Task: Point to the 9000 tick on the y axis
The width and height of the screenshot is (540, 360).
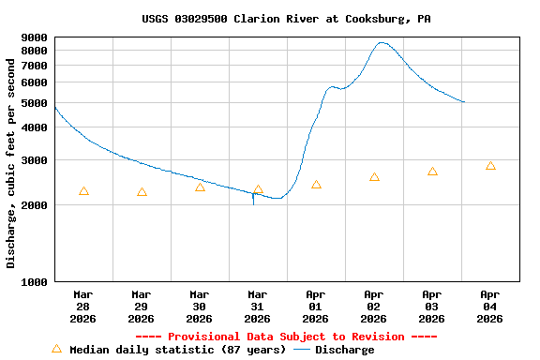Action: tap(34, 37)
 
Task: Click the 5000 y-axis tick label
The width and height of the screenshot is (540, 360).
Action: tap(34, 103)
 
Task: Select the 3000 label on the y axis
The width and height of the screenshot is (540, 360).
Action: tap(34, 160)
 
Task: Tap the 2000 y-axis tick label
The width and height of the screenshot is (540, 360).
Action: tap(34, 205)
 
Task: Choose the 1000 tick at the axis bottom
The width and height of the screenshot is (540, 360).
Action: tap(34, 281)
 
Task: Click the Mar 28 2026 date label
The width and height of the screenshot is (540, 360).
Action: tap(83, 306)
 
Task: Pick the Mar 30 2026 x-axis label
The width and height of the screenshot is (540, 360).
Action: tap(200, 306)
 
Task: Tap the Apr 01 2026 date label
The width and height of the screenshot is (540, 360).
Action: tap(316, 306)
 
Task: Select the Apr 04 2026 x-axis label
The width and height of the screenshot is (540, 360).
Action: tap(490, 306)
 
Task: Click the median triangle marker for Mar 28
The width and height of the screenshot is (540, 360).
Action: tap(83, 191)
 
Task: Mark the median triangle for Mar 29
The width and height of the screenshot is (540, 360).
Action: tap(142, 192)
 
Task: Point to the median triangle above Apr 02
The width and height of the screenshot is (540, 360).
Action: tap(374, 177)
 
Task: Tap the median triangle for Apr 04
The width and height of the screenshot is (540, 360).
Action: tap(490, 166)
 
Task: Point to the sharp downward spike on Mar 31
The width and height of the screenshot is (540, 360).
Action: tap(253, 202)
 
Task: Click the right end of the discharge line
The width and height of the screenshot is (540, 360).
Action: tap(464, 102)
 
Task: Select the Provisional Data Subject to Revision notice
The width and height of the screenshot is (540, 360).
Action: tap(286, 337)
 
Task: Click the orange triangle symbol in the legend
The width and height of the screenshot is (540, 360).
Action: tap(56, 349)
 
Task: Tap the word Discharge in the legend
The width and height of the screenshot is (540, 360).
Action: tap(344, 350)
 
